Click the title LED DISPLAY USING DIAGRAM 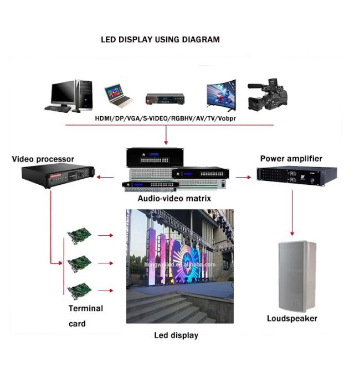click(x=160, y=39)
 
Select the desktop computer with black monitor click(x=69, y=96)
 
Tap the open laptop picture click(x=119, y=96)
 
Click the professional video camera click(x=267, y=94)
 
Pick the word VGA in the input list click(x=134, y=118)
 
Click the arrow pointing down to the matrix click(x=166, y=134)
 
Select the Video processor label click(x=43, y=159)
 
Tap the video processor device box click(x=58, y=175)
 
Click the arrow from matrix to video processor click(x=105, y=177)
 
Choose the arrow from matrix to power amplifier click(x=243, y=177)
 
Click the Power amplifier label click(x=291, y=159)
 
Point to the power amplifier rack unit click(x=297, y=176)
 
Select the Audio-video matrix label click(x=174, y=199)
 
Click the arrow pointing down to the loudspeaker click(x=292, y=212)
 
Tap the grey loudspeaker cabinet click(x=297, y=276)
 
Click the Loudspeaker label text click(x=292, y=319)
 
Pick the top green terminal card click(x=79, y=236)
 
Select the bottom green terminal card click(x=79, y=291)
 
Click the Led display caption click(x=176, y=335)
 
